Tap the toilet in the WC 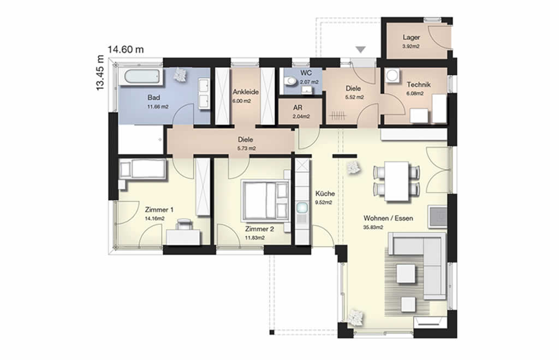pos(290,81)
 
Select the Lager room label pos(411,38)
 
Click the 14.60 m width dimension pos(126,49)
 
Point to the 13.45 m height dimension pos(100,73)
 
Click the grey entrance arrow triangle pos(360,50)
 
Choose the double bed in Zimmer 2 pos(265,200)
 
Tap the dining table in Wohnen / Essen pos(396,181)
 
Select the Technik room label pos(419,85)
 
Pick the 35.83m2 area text pos(373,227)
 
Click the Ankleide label pos(246,92)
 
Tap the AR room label pos(298,107)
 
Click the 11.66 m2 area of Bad pos(158,106)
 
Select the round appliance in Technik pos(393,75)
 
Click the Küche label pos(325,194)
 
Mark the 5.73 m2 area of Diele pos(246,148)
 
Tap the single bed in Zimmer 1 pos(142,169)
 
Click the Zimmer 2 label pos(259,229)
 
